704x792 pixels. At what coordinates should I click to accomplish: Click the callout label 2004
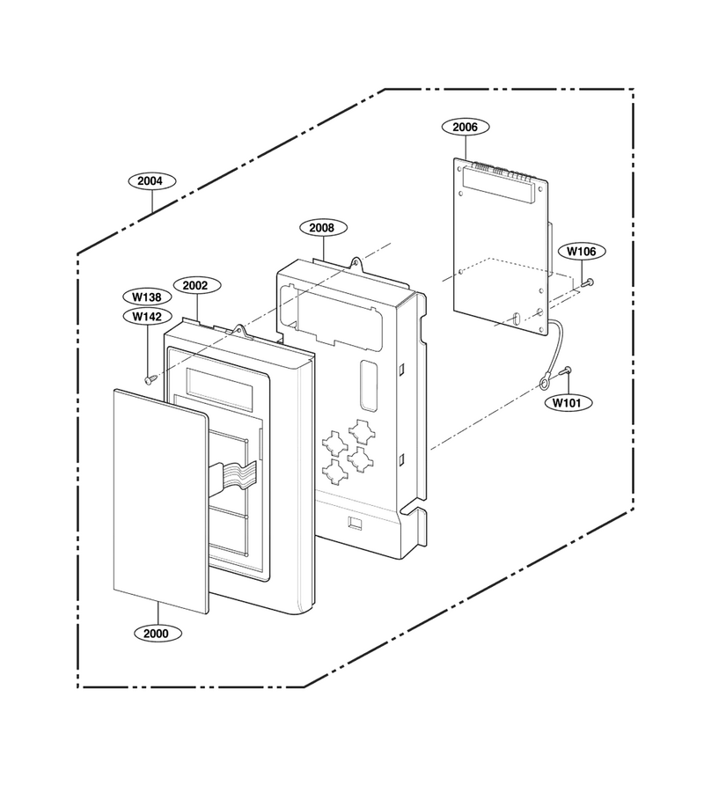tap(150, 180)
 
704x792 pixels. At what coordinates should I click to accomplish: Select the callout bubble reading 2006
tap(465, 127)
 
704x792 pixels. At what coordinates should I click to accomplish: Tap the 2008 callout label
tap(322, 228)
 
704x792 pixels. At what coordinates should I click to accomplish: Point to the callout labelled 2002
tap(195, 285)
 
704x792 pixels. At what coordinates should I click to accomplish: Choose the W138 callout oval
tap(147, 297)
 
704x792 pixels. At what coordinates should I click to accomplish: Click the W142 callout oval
tap(147, 316)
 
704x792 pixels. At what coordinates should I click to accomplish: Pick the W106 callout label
tap(581, 251)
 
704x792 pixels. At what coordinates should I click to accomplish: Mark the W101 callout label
tap(566, 402)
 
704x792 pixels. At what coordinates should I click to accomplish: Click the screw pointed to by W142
tap(150, 378)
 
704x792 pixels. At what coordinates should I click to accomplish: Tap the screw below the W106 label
tap(587, 283)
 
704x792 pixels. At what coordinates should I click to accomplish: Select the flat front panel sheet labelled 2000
tap(161, 501)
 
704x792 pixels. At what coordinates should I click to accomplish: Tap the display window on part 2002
tap(220, 384)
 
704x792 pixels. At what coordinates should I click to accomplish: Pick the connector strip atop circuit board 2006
tap(500, 185)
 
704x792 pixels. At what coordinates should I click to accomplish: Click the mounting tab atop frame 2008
tap(357, 261)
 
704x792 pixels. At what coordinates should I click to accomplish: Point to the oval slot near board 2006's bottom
tap(516, 319)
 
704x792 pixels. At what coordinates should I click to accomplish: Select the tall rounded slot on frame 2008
tap(369, 385)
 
